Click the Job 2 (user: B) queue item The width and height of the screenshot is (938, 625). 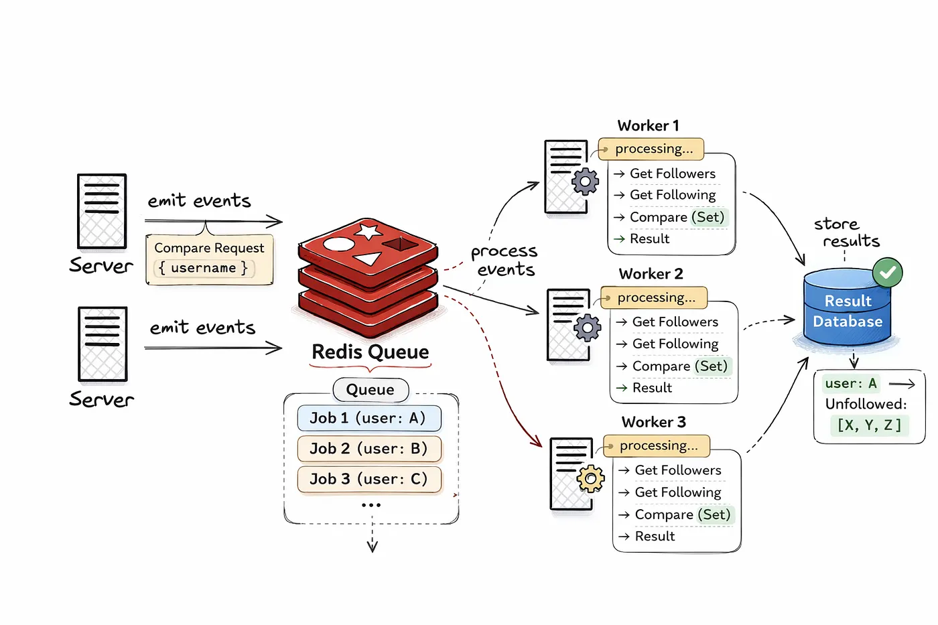coord(369,449)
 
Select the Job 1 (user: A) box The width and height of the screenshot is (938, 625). coord(369,418)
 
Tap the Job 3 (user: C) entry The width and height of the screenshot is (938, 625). coord(369,479)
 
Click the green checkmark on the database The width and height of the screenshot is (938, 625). coord(888,273)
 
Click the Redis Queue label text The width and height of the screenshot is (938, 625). coord(371,352)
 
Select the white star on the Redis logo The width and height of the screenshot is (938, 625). coord(368,232)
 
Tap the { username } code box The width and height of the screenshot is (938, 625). coord(204,268)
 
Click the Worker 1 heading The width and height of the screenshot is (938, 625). coord(648,126)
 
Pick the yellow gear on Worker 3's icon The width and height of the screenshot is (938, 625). coord(590,479)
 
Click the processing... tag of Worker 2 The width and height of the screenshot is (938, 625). coord(655,297)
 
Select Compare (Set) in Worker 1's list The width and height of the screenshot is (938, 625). coord(677,217)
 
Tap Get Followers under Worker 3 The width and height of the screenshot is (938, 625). coord(677,470)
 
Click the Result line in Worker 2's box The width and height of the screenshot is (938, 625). coord(651,388)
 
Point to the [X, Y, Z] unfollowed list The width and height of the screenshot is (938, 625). coord(869,425)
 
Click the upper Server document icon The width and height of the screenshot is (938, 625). coord(102,212)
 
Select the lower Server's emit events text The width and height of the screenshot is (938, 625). coord(202,328)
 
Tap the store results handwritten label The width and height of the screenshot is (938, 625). coord(846,232)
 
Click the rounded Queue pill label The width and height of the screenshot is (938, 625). coord(371,390)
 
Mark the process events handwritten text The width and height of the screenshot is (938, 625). coord(505,261)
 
